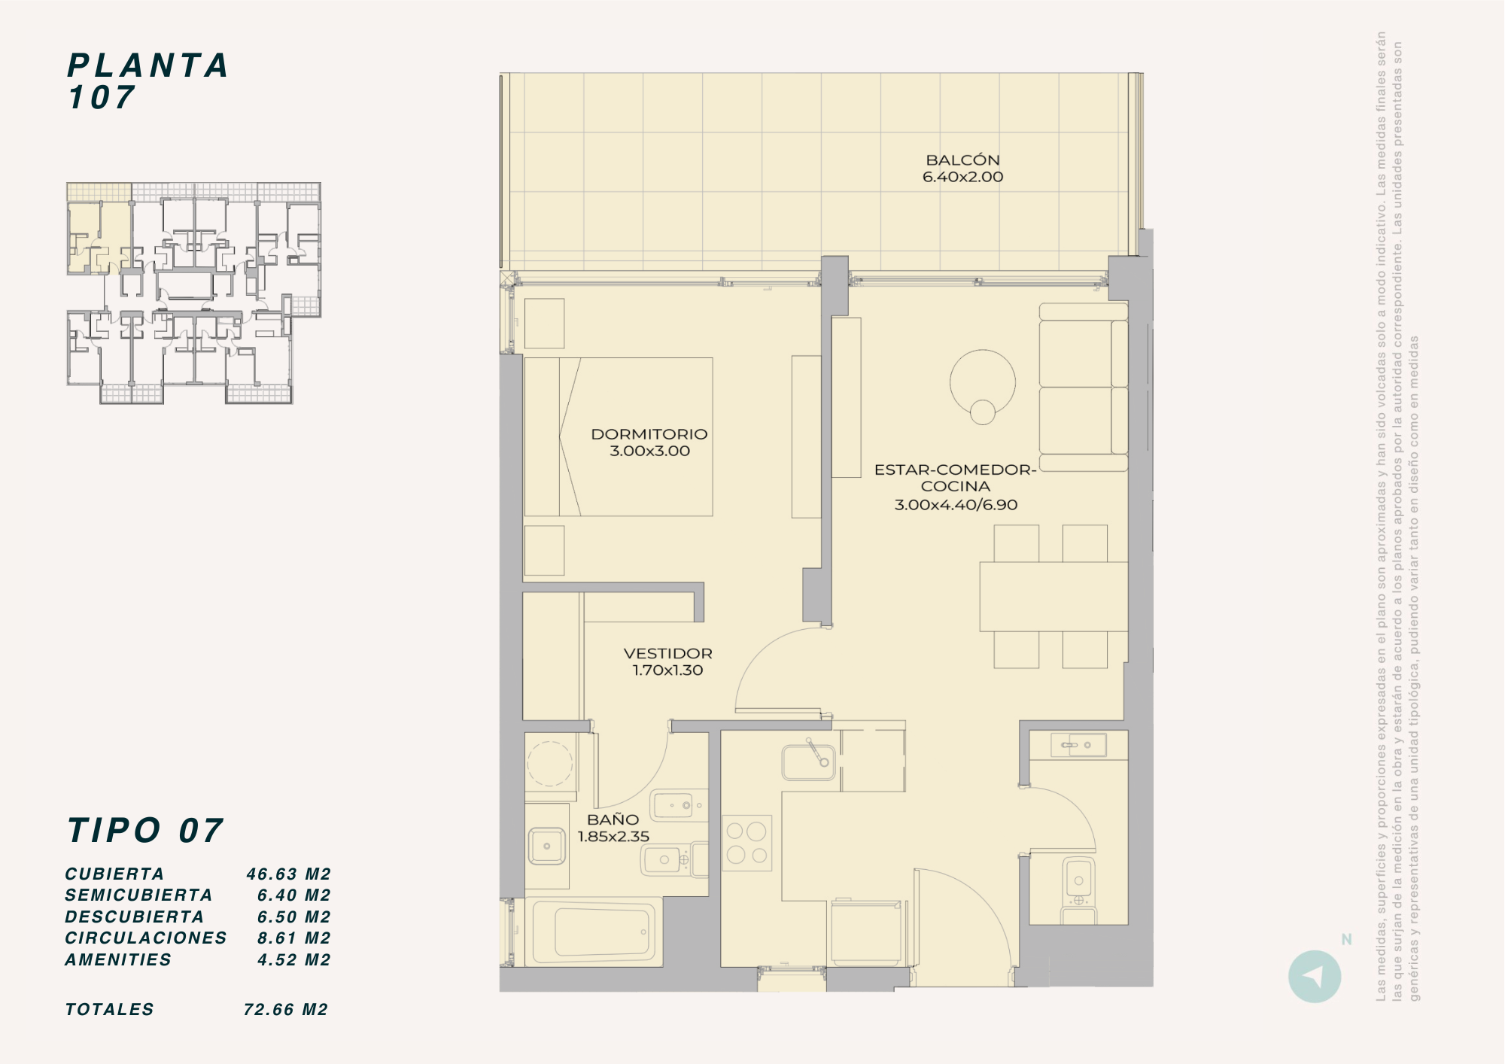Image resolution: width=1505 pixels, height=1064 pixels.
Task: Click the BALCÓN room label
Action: click(x=962, y=160)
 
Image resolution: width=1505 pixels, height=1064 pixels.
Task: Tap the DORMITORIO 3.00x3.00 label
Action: click(x=649, y=442)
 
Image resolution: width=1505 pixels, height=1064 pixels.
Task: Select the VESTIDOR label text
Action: click(x=667, y=653)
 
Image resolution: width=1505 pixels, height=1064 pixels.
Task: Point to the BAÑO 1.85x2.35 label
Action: click(x=613, y=828)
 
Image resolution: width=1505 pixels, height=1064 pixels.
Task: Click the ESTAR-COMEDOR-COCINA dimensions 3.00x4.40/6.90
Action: click(x=956, y=505)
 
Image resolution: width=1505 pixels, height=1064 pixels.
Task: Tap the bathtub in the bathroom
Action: click(x=594, y=932)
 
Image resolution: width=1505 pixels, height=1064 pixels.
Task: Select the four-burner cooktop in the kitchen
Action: click(x=746, y=843)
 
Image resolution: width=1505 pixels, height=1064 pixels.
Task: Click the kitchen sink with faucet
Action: click(x=808, y=762)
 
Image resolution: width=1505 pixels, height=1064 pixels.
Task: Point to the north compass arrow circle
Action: click(x=1315, y=976)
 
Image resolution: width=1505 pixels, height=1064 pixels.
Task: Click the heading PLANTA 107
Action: click(x=147, y=81)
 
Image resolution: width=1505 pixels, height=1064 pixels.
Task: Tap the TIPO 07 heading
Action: click(x=145, y=831)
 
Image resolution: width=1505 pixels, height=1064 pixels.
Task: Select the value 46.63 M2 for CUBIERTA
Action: click(x=289, y=874)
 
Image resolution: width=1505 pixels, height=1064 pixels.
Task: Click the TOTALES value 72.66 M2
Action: click(x=286, y=1010)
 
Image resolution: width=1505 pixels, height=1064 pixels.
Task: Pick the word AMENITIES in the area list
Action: click(x=118, y=960)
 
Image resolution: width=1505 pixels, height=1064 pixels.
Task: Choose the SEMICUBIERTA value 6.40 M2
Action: click(x=294, y=895)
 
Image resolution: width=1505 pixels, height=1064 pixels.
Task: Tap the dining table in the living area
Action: click(x=1053, y=596)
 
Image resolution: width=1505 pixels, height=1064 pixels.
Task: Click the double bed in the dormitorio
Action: click(x=619, y=436)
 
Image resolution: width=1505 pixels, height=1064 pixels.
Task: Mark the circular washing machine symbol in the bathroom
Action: click(x=549, y=763)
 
